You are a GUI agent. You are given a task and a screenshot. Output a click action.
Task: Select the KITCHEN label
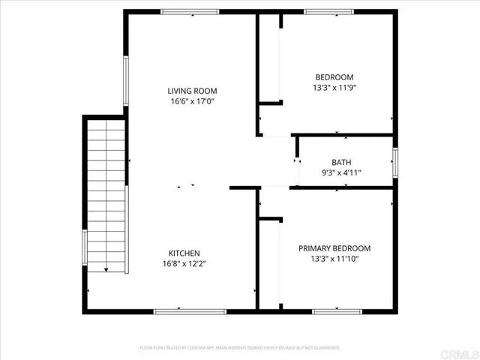click(x=184, y=253)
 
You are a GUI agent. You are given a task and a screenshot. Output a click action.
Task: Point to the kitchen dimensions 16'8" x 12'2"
click(x=184, y=264)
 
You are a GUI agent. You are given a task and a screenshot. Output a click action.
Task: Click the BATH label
click(x=341, y=162)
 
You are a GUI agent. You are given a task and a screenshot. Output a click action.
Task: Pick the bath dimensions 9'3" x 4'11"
click(x=341, y=172)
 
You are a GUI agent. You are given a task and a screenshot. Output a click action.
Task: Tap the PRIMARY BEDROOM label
click(x=334, y=248)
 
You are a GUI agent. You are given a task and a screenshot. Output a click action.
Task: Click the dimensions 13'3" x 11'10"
click(x=334, y=259)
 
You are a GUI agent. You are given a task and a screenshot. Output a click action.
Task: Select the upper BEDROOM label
click(x=334, y=76)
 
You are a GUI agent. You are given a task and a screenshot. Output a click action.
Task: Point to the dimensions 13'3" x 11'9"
click(x=334, y=87)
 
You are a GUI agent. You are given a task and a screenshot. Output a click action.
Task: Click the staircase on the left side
click(x=106, y=195)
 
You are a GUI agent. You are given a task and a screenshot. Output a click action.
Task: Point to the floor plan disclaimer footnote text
click(x=240, y=348)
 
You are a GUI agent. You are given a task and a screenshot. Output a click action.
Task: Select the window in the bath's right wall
click(x=394, y=162)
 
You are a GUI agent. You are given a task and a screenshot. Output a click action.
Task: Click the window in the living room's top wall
click(x=190, y=11)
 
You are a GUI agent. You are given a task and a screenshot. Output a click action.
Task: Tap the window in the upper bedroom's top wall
click(x=328, y=11)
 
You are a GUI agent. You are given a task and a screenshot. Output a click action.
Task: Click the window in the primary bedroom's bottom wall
click(x=337, y=310)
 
